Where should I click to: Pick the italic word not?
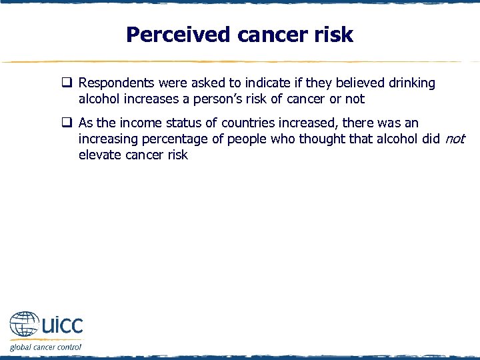point(454,139)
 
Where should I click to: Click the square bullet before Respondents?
point(67,84)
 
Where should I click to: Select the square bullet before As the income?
point(67,123)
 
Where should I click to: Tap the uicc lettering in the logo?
point(62,325)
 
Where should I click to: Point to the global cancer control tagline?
point(45,347)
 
